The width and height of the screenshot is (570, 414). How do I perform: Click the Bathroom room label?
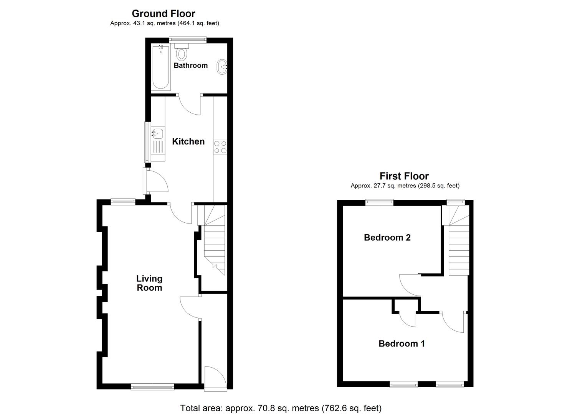[190, 66]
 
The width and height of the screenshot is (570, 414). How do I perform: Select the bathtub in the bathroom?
[160, 67]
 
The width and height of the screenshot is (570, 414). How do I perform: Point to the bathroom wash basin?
[222, 67]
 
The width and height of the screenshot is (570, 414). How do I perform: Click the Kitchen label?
[188, 141]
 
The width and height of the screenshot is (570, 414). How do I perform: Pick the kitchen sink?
[157, 134]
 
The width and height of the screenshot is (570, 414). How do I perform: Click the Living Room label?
[149, 283]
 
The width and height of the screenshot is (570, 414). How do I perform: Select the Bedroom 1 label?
[401, 343]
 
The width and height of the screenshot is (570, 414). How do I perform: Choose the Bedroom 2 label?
[387, 238]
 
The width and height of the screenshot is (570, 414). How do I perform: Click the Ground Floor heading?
[164, 14]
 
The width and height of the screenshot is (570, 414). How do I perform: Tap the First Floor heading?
[404, 176]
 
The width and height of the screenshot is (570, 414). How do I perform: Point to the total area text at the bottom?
[281, 408]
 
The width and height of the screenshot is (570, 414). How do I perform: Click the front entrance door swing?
[213, 378]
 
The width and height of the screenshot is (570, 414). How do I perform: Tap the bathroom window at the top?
[188, 39]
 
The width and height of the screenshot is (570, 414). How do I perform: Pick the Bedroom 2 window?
[379, 202]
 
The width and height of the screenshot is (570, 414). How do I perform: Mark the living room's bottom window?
[152, 387]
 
